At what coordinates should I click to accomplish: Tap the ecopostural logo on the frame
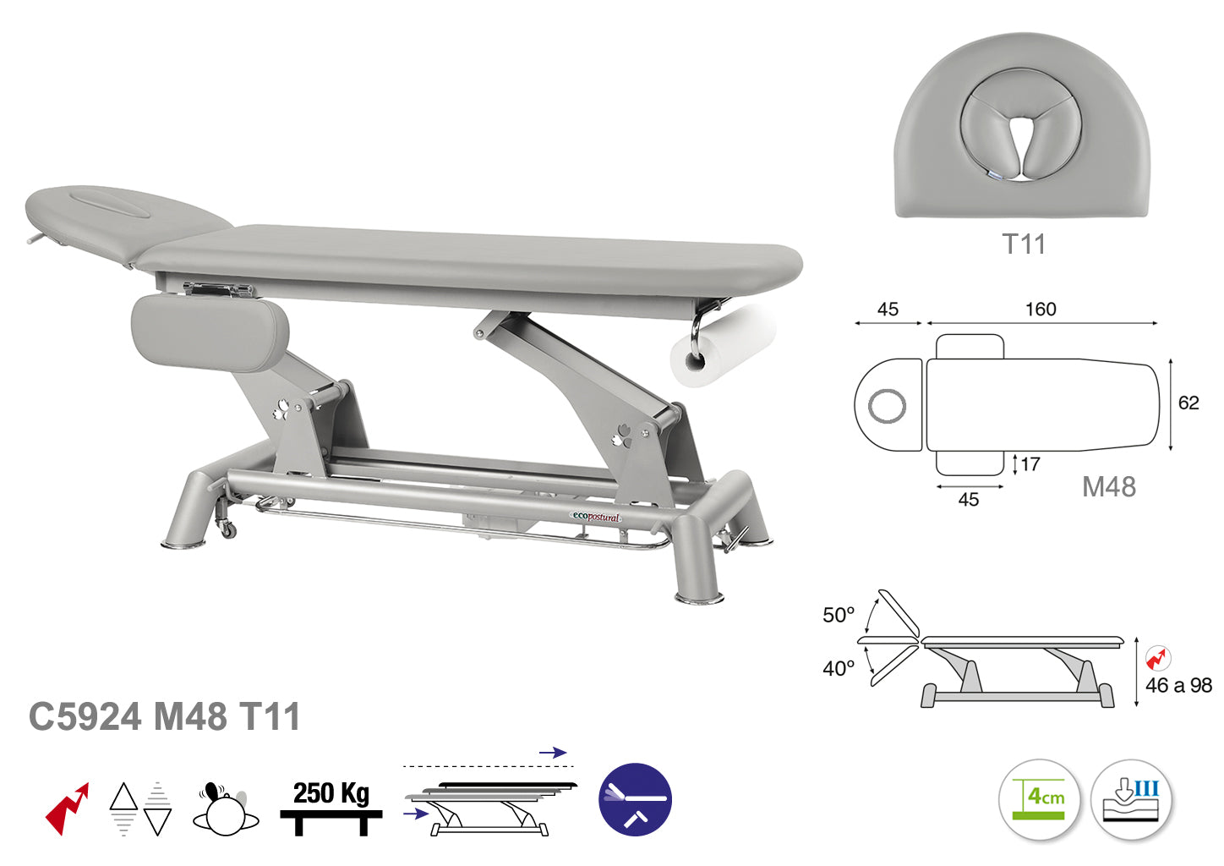(x=596, y=517)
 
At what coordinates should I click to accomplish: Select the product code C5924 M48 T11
(x=164, y=716)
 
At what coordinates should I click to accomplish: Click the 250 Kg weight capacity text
(x=331, y=793)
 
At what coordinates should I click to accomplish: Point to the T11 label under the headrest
(x=1024, y=244)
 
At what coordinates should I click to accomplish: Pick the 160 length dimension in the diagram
(x=1041, y=310)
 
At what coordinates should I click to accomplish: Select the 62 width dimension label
(x=1188, y=403)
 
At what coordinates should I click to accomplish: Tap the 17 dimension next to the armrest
(x=1030, y=464)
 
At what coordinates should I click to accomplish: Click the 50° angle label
(x=839, y=615)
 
